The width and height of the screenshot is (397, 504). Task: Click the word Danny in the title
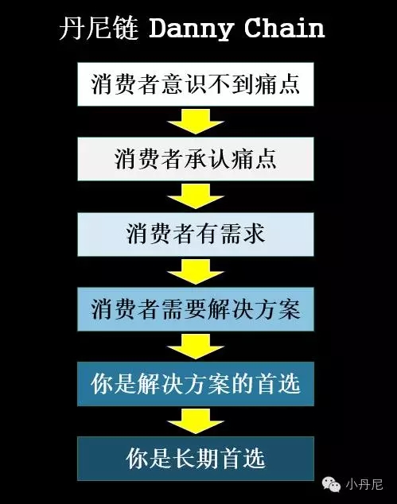191,29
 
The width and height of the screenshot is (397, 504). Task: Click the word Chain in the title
284,28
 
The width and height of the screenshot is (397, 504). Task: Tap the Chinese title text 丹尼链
99,29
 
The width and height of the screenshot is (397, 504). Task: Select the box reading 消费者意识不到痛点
196,84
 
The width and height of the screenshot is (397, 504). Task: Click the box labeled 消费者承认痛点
196,159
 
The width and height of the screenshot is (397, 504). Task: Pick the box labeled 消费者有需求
196,234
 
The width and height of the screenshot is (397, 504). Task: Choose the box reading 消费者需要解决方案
196,309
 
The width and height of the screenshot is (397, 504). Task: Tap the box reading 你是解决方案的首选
196,384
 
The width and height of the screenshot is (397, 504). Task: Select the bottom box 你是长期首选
196,459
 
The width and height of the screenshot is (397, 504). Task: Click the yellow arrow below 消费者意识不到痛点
196,122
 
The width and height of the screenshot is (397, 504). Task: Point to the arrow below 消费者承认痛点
196,196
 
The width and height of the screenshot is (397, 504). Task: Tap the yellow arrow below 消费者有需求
196,272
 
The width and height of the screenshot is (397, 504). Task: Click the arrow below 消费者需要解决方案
196,347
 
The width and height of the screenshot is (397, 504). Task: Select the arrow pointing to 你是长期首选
196,421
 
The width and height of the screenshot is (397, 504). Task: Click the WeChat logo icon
332,484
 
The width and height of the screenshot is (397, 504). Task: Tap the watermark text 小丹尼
364,484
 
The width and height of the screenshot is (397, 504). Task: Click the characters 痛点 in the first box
278,84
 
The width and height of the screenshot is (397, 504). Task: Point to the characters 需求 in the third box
243,234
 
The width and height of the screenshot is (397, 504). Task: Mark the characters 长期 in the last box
196,459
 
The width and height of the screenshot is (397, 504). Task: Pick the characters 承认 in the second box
208,159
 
